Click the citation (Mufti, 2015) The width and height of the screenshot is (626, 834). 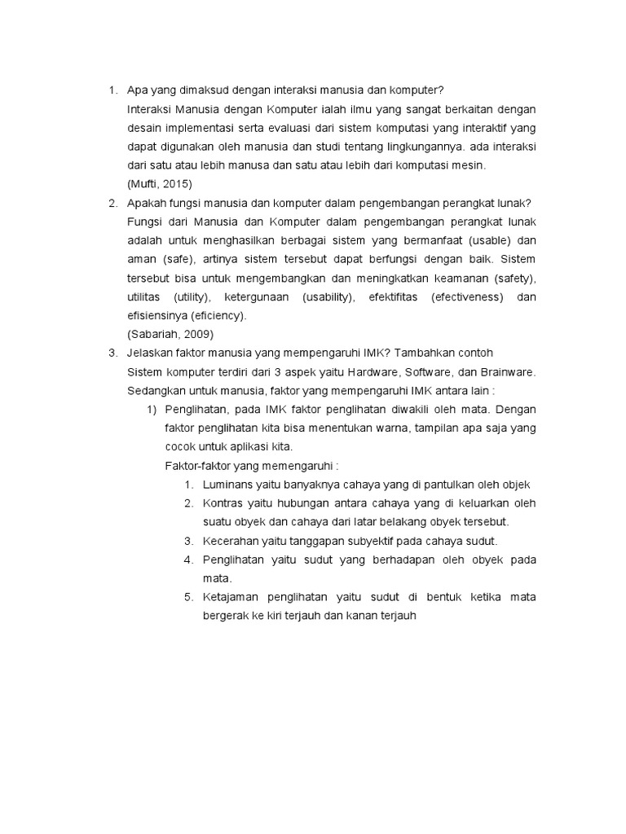tap(160, 184)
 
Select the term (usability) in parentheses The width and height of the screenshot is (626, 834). tap(328, 296)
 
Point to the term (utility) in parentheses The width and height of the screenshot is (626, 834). tap(192, 296)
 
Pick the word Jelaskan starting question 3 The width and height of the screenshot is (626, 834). tap(151, 353)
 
